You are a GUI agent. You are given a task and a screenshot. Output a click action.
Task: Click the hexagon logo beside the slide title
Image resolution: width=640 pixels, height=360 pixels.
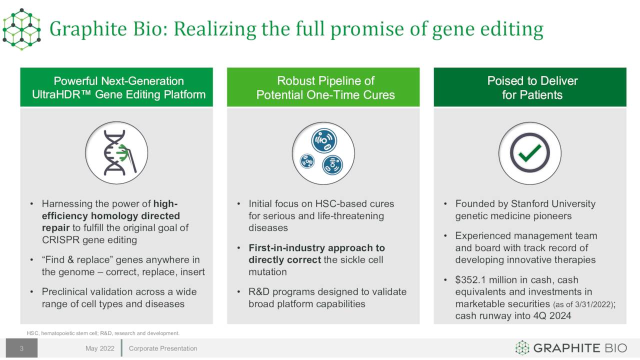21,29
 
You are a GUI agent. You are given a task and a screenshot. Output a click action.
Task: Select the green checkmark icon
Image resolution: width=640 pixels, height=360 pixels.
529,152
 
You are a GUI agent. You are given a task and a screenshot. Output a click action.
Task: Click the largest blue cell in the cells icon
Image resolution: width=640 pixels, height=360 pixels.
324,140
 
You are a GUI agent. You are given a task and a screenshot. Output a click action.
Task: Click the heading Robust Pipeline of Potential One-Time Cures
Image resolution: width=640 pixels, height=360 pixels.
325,87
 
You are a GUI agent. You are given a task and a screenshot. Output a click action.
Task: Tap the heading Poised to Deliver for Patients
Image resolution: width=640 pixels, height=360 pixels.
532,87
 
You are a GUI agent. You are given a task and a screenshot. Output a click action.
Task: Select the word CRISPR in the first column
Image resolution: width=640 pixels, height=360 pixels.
60,239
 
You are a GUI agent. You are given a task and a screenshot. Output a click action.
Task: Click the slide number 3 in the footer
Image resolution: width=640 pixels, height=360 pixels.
21,348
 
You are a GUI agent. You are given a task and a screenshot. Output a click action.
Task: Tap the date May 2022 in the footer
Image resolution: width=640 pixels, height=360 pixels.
99,348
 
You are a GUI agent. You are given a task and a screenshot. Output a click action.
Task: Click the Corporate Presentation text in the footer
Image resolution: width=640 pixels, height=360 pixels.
163,348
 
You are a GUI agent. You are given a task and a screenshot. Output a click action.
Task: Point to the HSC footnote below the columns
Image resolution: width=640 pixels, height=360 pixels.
103,333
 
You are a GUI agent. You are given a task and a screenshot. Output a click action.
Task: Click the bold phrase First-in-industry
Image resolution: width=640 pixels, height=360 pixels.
287,247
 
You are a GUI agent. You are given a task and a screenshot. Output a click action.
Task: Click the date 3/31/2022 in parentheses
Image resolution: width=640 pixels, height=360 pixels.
592,304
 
